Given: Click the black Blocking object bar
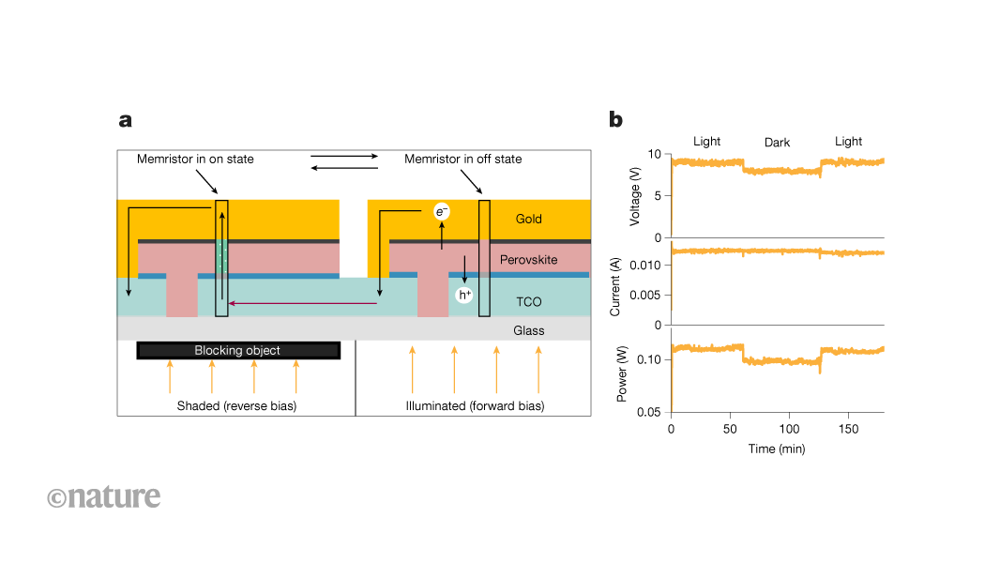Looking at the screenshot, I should coord(237,350).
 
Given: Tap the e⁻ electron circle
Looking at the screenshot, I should coord(442,212).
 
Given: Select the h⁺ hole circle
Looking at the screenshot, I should coord(463,296).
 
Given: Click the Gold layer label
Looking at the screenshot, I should coord(529,220).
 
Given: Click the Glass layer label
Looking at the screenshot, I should coord(529,330).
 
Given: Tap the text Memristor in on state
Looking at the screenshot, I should coord(195,160).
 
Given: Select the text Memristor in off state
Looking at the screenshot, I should coord(463,160).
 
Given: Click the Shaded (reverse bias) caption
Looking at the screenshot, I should coord(236,406).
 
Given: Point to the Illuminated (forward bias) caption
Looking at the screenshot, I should coord(475,406).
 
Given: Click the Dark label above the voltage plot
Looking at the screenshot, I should coord(777,143).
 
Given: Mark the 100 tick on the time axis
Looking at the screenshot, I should coord(789,429).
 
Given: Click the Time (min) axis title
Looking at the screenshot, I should coord(776,449).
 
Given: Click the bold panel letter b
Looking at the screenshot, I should coord(615,119).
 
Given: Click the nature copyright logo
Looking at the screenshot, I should coord(103,496).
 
